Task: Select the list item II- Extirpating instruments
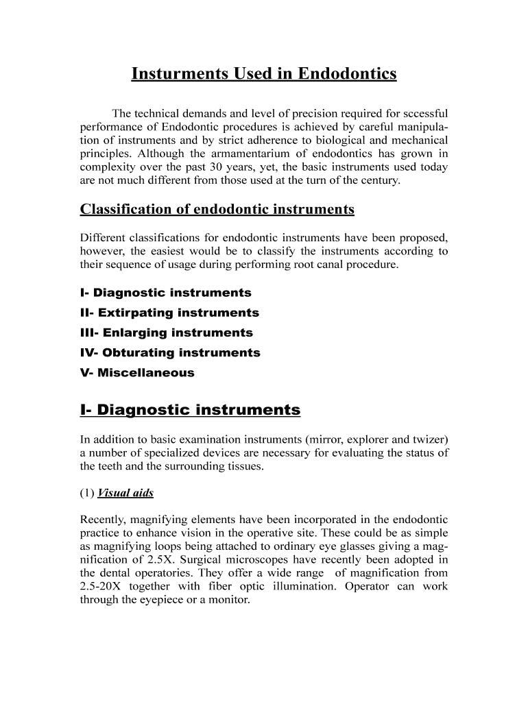click(x=169, y=313)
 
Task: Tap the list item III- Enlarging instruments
click(x=167, y=332)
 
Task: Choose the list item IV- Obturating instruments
click(x=170, y=352)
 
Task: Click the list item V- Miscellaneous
click(x=137, y=373)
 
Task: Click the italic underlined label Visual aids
click(x=126, y=494)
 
